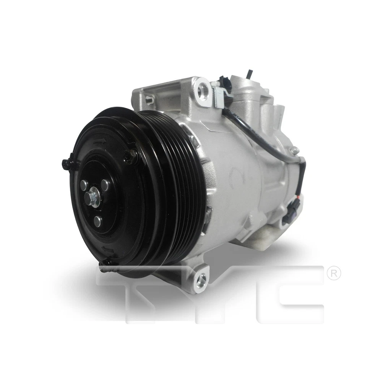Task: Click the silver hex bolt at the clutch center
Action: click(x=92, y=197)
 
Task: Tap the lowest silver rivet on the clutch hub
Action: click(x=98, y=221)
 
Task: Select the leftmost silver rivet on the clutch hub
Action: click(x=84, y=185)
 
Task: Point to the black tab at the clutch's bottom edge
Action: click(x=105, y=263)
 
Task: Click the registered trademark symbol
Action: click(x=334, y=274)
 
